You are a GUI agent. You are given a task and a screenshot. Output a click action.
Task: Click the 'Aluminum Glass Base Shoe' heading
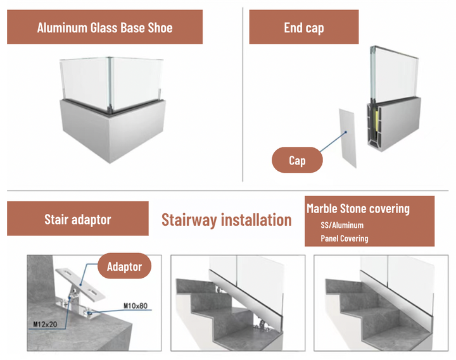(x=104, y=27)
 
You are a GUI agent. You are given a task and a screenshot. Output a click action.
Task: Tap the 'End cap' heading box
(x=304, y=27)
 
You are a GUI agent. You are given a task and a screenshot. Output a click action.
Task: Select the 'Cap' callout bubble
(x=297, y=161)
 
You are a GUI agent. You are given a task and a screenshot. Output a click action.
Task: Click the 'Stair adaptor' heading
(x=77, y=220)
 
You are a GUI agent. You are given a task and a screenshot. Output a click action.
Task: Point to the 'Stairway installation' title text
(x=226, y=220)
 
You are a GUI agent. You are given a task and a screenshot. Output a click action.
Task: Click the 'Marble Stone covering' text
(x=358, y=209)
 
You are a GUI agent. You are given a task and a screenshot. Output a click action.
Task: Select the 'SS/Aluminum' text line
(x=343, y=225)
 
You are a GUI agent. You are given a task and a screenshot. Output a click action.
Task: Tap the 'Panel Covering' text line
(x=345, y=239)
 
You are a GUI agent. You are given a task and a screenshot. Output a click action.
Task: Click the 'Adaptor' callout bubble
(x=124, y=266)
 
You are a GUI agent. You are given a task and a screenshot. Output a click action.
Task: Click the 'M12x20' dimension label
(x=43, y=325)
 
